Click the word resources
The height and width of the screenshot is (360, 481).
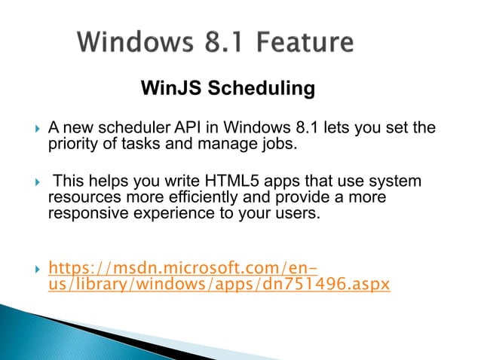pyautogui.click(x=79, y=197)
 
